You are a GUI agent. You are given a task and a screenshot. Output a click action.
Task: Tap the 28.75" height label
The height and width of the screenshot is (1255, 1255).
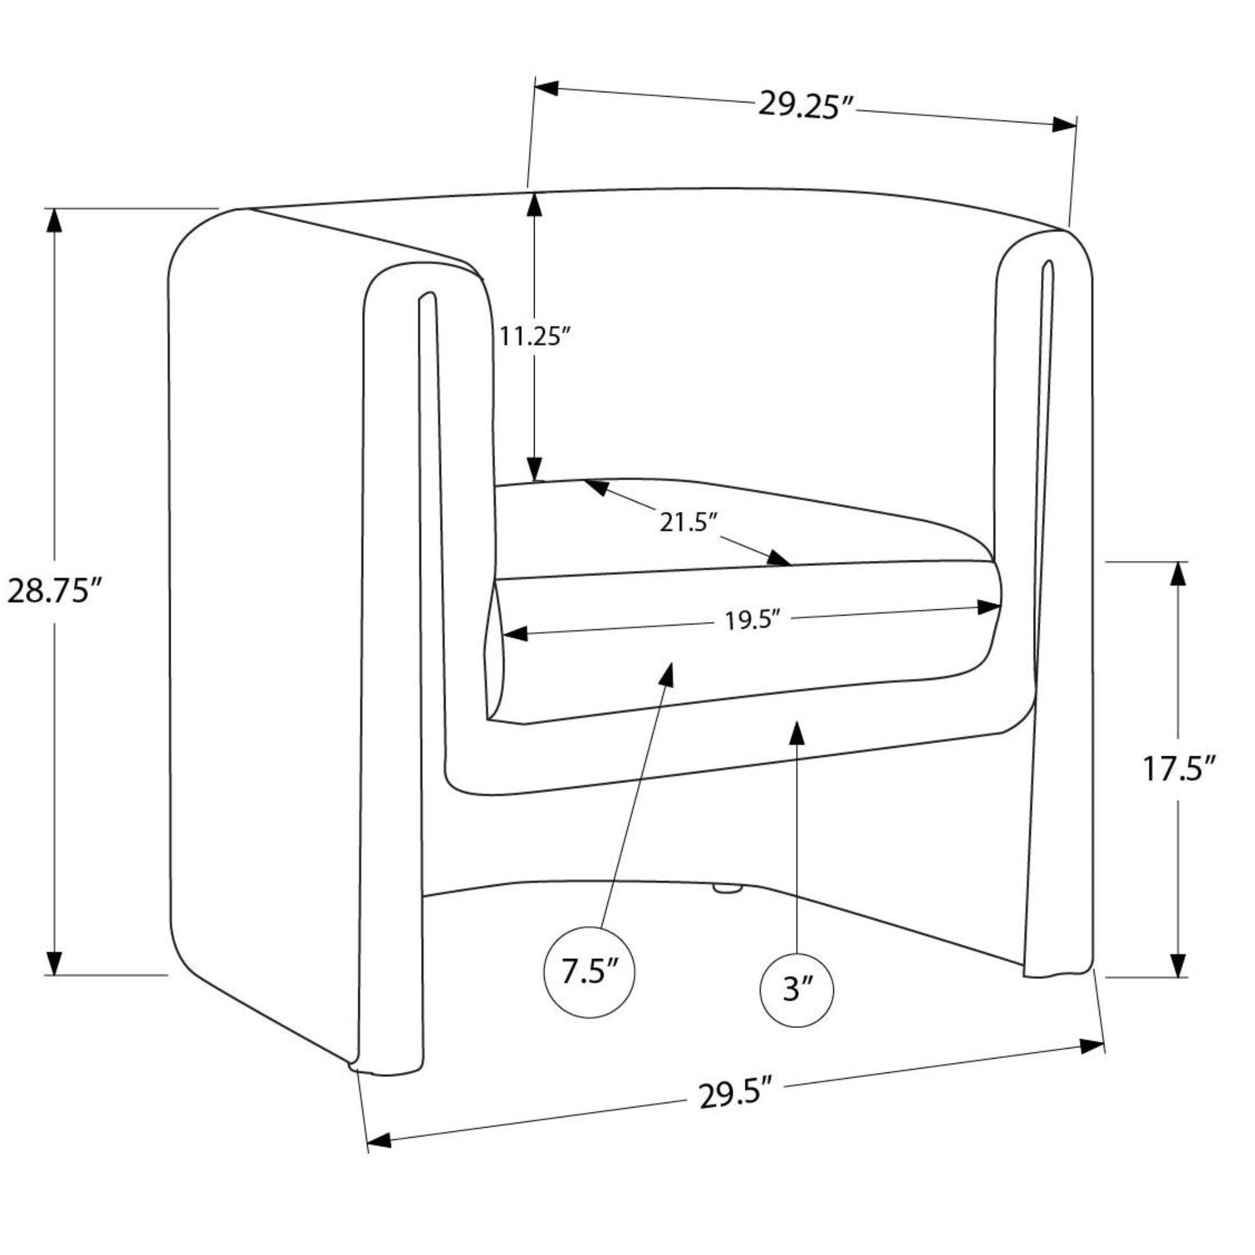[55, 591]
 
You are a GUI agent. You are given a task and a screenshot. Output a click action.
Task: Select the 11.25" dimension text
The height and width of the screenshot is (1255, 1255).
[535, 336]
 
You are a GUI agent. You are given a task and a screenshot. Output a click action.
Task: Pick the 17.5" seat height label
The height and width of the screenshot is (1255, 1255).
[1178, 769]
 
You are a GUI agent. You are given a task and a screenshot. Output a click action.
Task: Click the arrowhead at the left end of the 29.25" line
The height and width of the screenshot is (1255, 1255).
[547, 87]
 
